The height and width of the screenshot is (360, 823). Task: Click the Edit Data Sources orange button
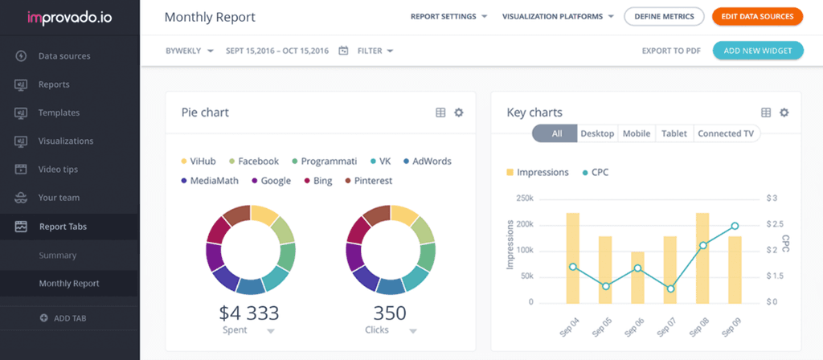[757, 16]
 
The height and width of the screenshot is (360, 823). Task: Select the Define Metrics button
[664, 16]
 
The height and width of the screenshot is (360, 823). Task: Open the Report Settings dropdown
[448, 16]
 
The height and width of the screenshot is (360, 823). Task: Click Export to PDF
[671, 51]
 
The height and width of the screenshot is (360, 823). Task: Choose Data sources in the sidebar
[63, 56]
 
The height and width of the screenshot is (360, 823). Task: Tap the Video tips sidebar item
[59, 170]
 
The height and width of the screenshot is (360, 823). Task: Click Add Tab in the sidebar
[69, 318]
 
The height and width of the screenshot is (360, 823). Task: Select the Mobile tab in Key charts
[637, 133]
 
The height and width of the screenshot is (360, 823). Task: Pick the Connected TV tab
[726, 133]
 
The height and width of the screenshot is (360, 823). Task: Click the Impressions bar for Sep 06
[637, 277]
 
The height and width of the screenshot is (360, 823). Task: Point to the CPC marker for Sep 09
[735, 226]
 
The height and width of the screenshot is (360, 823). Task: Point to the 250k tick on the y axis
[523, 198]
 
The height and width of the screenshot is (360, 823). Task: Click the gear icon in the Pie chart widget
[459, 112]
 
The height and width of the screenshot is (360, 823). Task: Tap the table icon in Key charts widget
[766, 112]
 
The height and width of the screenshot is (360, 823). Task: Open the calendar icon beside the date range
[343, 51]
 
